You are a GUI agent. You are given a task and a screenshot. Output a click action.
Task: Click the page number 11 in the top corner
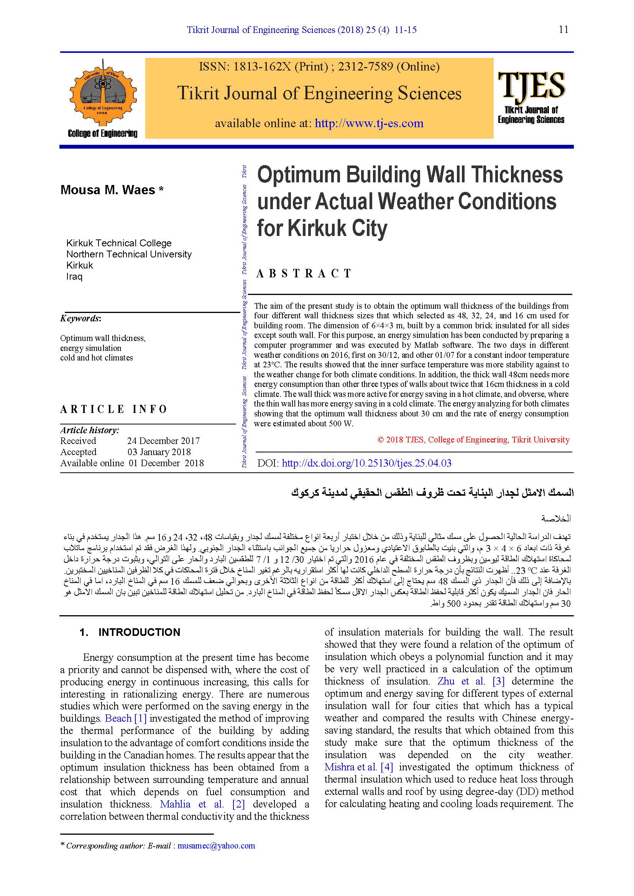563,29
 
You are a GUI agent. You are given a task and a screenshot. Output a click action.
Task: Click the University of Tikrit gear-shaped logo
103,93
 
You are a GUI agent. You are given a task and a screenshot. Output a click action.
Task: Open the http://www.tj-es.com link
369,123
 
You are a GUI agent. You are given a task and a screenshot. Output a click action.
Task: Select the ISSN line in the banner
319,67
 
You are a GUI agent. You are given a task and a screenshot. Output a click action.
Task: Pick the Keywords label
80,318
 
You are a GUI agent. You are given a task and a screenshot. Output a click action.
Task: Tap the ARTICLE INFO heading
113,409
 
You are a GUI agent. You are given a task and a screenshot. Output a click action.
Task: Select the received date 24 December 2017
163,441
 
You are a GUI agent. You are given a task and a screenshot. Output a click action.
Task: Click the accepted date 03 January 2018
159,452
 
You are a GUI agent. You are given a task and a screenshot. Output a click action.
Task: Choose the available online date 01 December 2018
166,463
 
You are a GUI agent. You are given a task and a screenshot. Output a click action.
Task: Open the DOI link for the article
366,463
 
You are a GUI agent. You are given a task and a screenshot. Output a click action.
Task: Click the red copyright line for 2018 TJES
473,440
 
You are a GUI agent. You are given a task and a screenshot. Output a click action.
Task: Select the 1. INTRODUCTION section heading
130,632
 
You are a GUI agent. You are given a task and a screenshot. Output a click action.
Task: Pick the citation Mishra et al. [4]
358,767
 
